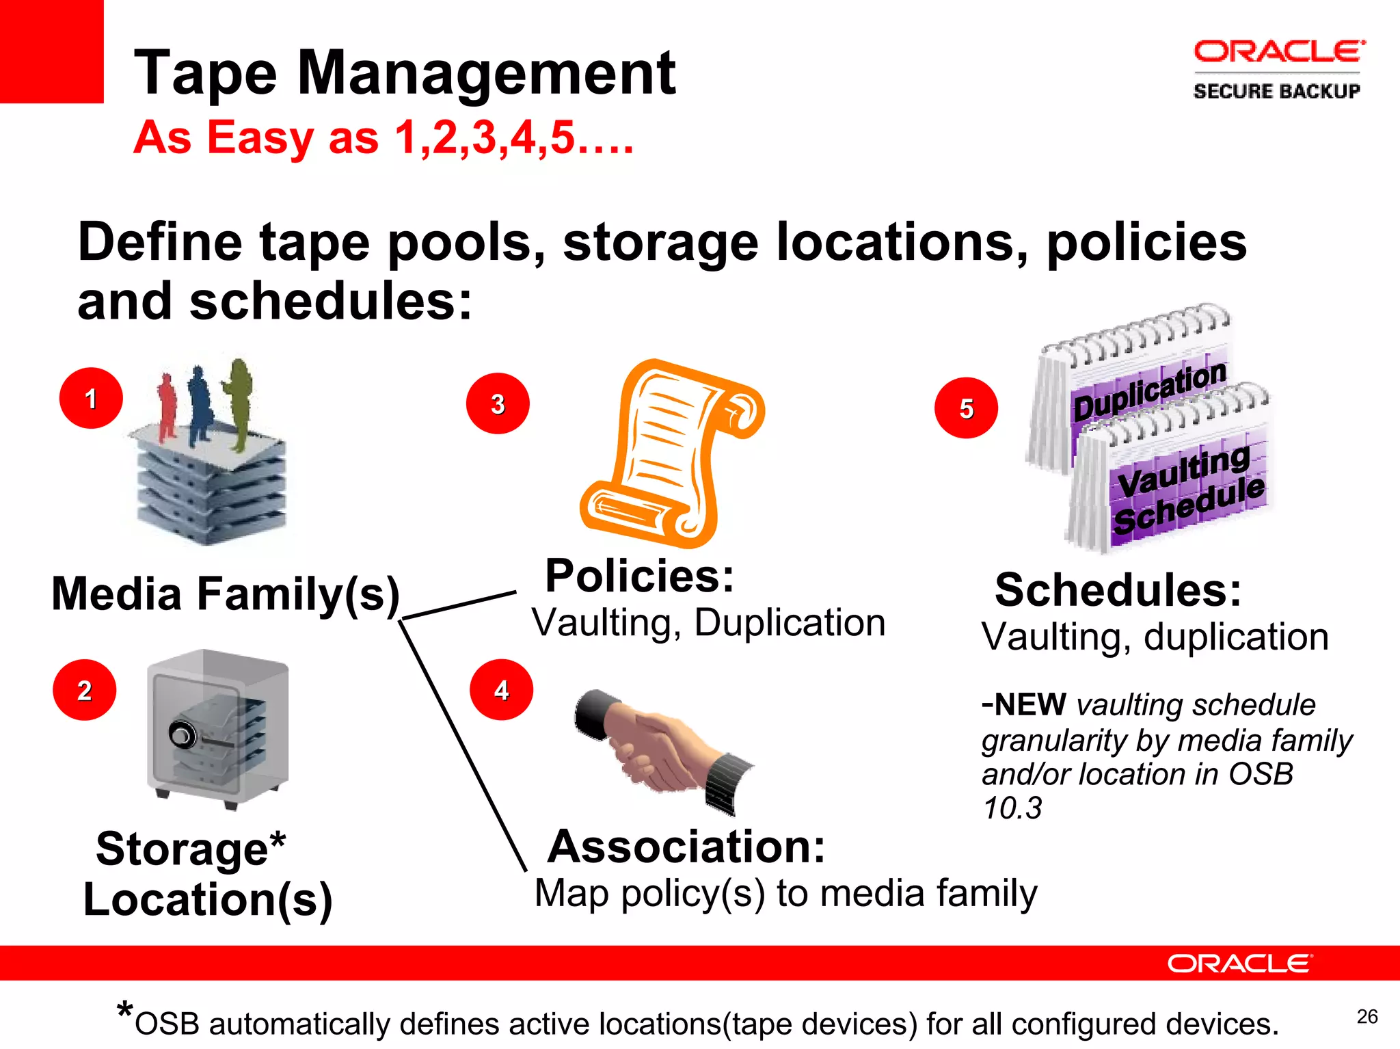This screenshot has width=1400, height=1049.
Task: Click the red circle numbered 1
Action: (91, 398)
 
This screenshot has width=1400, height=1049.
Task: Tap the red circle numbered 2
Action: (84, 690)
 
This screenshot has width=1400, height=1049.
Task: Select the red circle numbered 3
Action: (498, 403)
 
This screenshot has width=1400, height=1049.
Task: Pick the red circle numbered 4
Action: (501, 689)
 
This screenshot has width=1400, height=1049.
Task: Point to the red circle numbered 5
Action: (966, 408)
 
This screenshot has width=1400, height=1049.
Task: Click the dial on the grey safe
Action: (183, 736)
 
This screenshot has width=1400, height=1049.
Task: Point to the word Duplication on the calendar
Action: (1150, 393)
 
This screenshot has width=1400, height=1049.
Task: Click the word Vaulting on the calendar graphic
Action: (1184, 471)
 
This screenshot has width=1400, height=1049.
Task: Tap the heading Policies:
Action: (639, 576)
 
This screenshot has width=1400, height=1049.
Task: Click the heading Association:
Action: (686, 847)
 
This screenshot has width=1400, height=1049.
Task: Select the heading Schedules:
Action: (1118, 589)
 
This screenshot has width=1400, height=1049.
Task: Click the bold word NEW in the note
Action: (1029, 704)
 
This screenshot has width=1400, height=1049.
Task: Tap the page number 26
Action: (1367, 1017)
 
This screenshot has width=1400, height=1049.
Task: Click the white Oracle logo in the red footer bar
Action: (1239, 964)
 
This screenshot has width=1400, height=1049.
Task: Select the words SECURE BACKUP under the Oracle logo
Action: (1276, 91)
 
